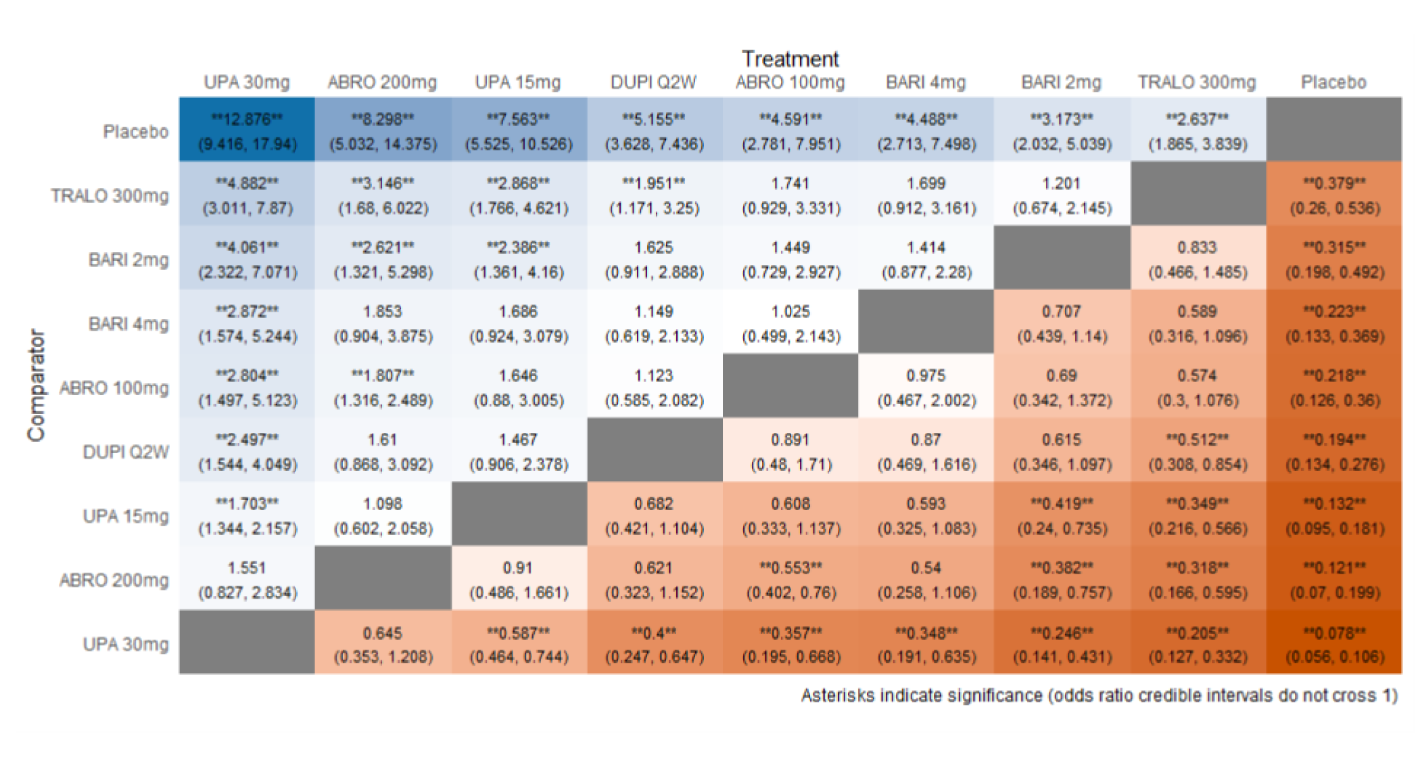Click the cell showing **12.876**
coord(247,130)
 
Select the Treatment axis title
coord(790,59)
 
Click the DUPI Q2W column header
coord(653,83)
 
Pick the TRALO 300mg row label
coord(110,195)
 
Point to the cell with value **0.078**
coord(1334,644)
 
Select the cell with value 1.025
coord(790,323)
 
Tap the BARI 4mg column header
coord(926,83)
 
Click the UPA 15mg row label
coord(126,516)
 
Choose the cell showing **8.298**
coord(383,130)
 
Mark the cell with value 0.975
coord(926,387)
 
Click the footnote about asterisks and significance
coord(1099,695)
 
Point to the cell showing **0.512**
coord(1198,451)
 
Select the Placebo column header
coord(1333,83)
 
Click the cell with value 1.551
coord(247,580)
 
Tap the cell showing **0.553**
coord(790,580)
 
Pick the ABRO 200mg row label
coord(114,580)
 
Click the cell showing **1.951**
coord(653,195)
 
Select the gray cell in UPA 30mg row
coord(247,643)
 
